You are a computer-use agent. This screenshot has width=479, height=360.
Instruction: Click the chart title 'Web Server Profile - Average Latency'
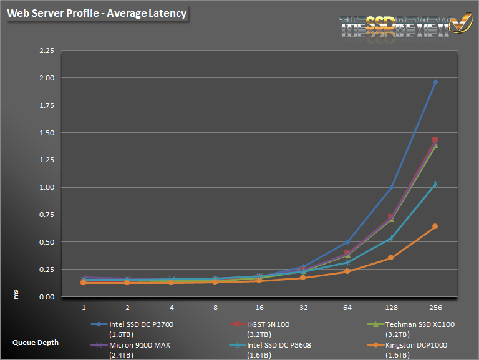[x=97, y=13]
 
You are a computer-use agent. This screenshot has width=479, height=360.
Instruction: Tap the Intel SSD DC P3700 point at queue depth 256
[x=435, y=82]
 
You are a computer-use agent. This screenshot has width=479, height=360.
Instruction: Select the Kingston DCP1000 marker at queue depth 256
[x=435, y=226]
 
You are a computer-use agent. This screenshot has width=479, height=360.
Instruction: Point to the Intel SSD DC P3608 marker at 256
[x=435, y=184]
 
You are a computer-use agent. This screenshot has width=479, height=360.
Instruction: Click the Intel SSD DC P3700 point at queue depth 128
[x=391, y=187]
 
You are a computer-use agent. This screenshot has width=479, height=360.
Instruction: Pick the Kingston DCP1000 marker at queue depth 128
[x=391, y=258]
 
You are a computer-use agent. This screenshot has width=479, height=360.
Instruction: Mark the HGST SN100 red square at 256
[x=435, y=139]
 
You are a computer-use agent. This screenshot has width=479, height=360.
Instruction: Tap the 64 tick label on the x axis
[x=347, y=308]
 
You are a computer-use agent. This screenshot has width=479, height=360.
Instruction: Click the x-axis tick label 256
[x=435, y=308]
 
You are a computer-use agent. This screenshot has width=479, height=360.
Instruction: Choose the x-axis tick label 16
[x=259, y=308]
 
